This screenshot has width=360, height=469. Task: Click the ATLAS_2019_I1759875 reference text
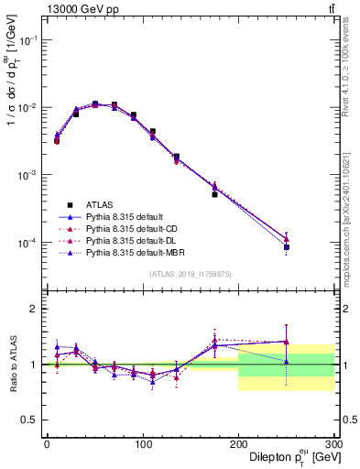[190, 273]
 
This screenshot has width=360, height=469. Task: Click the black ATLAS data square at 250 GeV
[287, 247]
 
